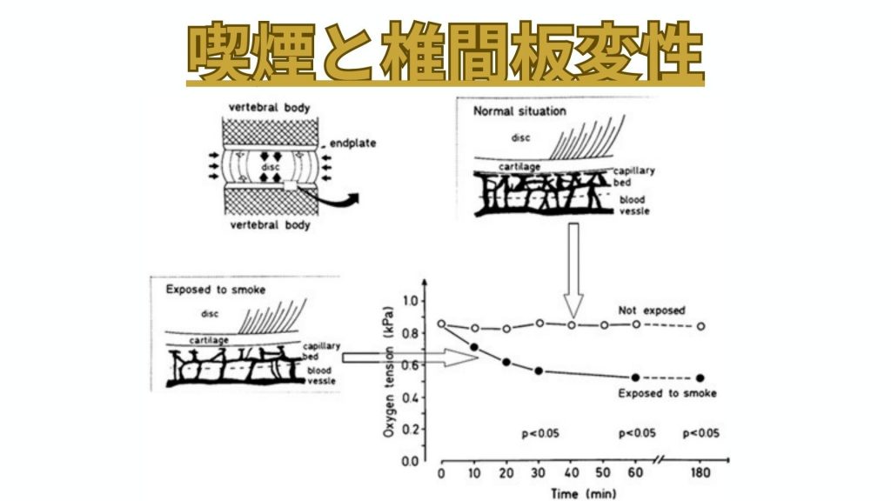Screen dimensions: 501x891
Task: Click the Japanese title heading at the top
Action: tap(445, 55)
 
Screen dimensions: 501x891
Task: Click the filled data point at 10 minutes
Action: tap(474, 348)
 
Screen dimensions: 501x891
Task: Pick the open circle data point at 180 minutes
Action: tap(700, 327)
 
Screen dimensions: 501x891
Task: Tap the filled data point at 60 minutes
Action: tap(635, 377)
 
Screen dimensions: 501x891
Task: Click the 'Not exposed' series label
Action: tap(652, 311)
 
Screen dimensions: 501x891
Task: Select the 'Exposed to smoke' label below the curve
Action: tap(667, 394)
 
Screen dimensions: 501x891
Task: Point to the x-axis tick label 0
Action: tap(441, 474)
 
